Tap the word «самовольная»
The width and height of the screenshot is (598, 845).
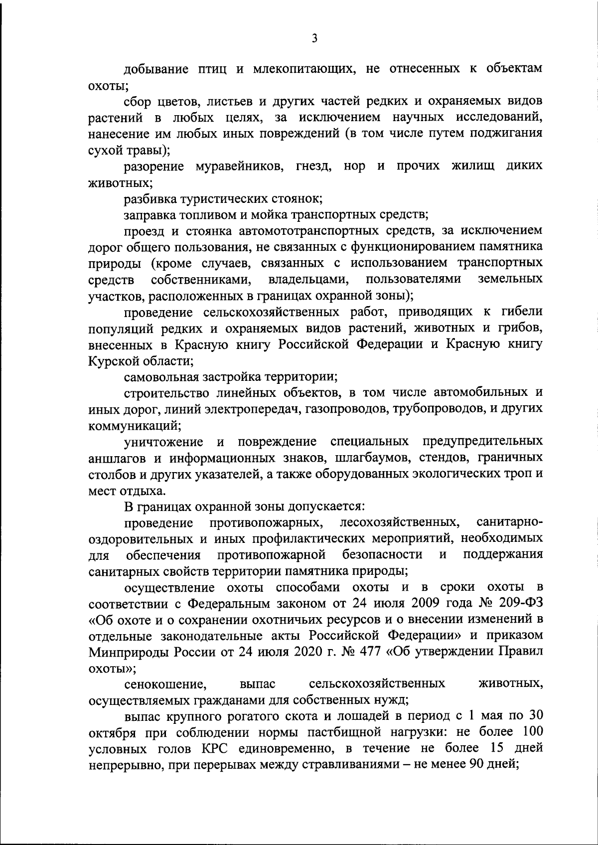coord(161,376)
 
